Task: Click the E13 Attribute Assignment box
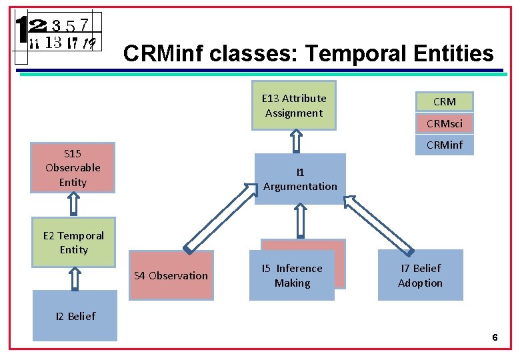pyautogui.click(x=294, y=105)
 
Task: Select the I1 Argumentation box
pyautogui.click(x=300, y=179)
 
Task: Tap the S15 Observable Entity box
pyautogui.click(x=73, y=167)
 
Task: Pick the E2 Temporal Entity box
pyautogui.click(x=73, y=242)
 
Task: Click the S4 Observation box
pyautogui.click(x=171, y=275)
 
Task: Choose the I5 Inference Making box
pyautogui.click(x=292, y=275)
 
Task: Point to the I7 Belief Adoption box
pyautogui.click(x=420, y=275)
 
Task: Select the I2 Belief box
pyautogui.click(x=75, y=316)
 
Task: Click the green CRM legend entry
pyautogui.click(x=444, y=101)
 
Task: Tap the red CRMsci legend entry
pyautogui.click(x=444, y=123)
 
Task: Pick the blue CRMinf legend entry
pyautogui.click(x=444, y=145)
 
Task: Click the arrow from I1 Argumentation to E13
pyautogui.click(x=297, y=141)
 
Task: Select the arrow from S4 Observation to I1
pyautogui.click(x=221, y=217)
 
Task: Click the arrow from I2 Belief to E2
pyautogui.click(x=75, y=279)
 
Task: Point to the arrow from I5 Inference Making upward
pyautogui.click(x=299, y=221)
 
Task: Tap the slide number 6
pyautogui.click(x=495, y=338)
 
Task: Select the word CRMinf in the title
pyautogui.click(x=163, y=53)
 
